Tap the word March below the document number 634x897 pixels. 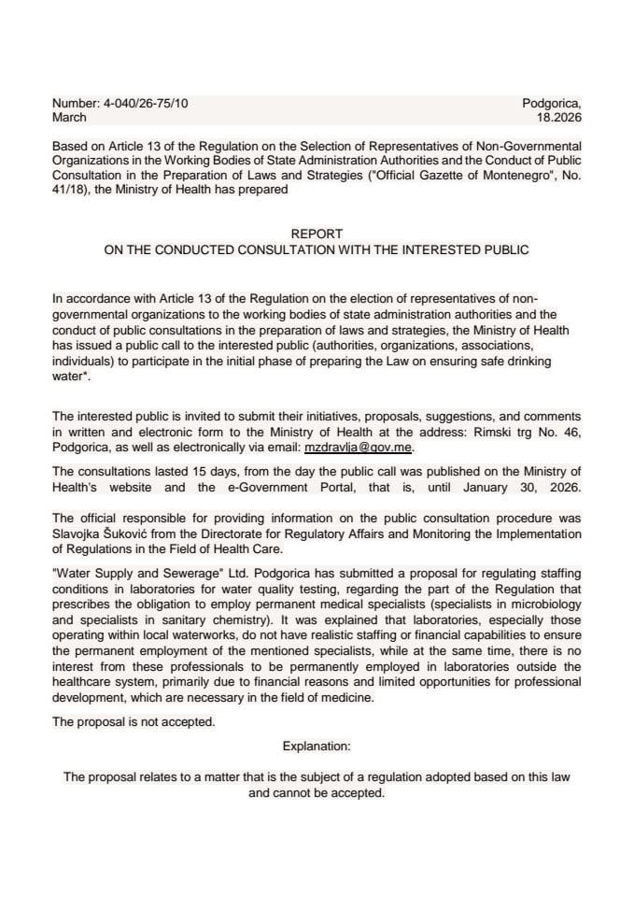tap(70, 118)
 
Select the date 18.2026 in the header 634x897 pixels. tap(558, 118)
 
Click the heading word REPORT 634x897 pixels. tap(317, 234)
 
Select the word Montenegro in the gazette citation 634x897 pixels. tap(508, 175)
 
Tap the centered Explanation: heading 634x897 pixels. tap(317, 747)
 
